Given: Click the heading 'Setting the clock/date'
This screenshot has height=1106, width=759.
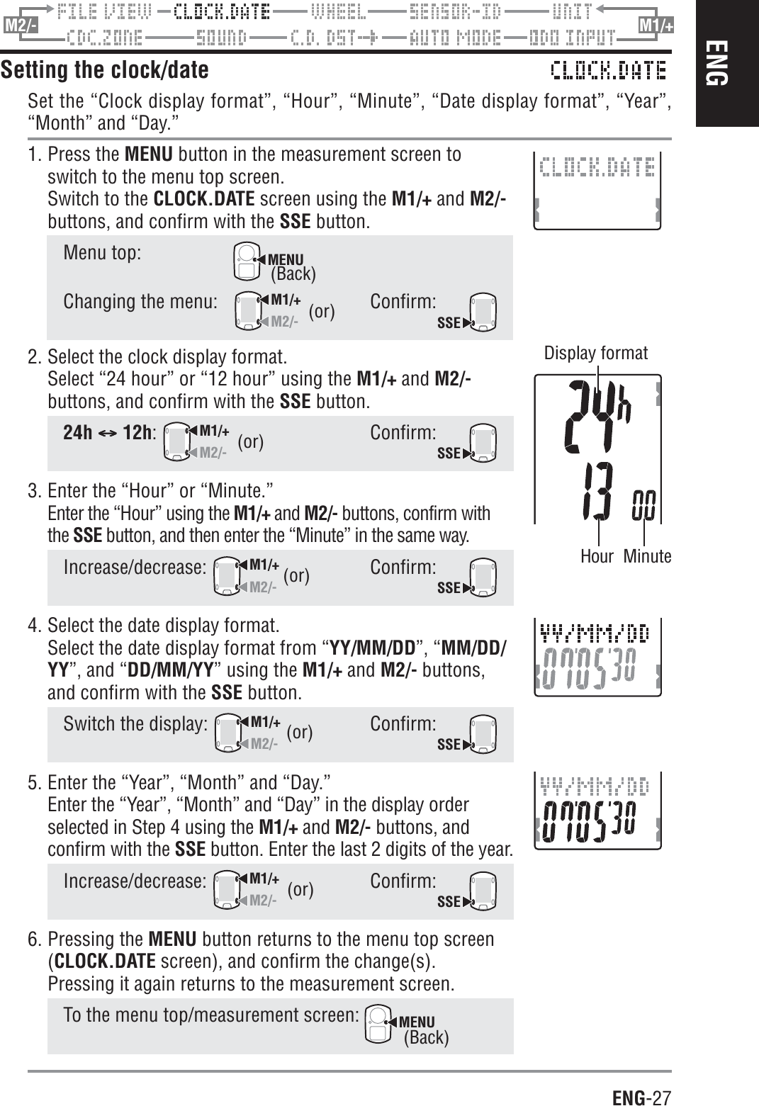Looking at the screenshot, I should (105, 70).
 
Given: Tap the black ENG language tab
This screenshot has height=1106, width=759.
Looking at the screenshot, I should (726, 64).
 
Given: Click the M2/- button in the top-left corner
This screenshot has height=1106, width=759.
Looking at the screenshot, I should (21, 26).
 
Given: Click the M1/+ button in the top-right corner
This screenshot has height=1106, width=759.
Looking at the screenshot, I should (656, 26).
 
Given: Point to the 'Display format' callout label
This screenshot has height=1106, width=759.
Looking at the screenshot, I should (595, 353).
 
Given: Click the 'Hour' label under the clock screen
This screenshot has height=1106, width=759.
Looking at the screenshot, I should (597, 556).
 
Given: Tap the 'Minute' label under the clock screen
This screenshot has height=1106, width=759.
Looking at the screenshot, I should (648, 556).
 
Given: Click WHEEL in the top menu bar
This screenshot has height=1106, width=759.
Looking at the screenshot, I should (339, 11).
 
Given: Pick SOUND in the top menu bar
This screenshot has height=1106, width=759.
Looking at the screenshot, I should (221, 37).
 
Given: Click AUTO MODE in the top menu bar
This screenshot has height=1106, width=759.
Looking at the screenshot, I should (456, 37).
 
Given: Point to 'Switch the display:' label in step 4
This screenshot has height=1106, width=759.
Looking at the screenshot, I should (135, 724).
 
